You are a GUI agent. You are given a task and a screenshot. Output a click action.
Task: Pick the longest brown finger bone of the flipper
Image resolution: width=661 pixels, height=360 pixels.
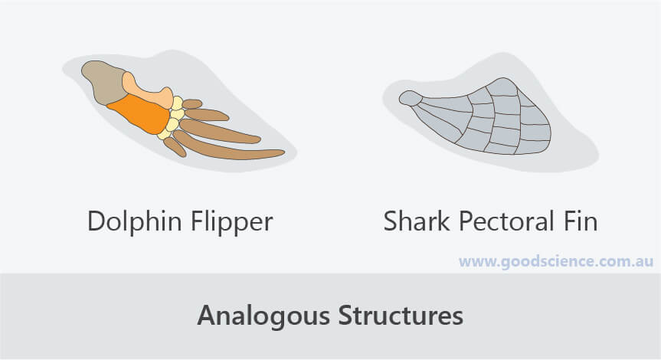click(227, 148)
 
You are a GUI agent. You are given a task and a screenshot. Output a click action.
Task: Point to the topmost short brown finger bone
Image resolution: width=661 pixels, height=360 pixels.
click(191, 103)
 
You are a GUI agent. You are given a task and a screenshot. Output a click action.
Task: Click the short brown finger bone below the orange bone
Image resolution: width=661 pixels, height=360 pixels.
click(175, 147)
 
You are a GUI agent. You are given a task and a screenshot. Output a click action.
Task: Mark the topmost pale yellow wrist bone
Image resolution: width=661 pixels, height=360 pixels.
click(177, 103)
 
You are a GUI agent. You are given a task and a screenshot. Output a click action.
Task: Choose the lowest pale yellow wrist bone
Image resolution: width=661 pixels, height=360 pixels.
click(165, 134)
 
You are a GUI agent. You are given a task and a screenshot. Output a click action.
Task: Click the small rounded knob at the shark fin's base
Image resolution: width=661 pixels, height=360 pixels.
click(411, 98)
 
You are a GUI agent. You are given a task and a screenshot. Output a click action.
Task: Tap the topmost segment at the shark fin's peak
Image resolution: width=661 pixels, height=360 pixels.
click(502, 87)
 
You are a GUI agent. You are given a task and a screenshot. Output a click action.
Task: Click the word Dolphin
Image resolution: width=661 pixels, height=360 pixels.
click(135, 221)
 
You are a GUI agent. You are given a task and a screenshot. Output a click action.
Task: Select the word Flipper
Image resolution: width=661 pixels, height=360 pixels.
click(232, 221)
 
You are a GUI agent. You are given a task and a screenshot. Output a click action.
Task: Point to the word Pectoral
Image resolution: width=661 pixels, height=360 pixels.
click(506, 221)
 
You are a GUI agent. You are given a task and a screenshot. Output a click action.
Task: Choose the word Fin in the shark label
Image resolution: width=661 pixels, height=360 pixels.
click(581, 221)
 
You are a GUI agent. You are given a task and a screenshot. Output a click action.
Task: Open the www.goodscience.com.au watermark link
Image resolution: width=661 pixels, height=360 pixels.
click(556, 261)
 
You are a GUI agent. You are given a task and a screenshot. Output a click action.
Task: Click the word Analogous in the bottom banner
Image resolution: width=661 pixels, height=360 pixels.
click(263, 316)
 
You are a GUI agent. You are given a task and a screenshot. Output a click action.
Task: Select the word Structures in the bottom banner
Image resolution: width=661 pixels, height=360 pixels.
click(401, 315)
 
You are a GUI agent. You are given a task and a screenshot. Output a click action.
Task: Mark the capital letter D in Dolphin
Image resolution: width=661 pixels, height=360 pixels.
click(97, 221)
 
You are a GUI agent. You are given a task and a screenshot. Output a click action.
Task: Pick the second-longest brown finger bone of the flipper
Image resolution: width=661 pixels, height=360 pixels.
click(220, 131)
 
